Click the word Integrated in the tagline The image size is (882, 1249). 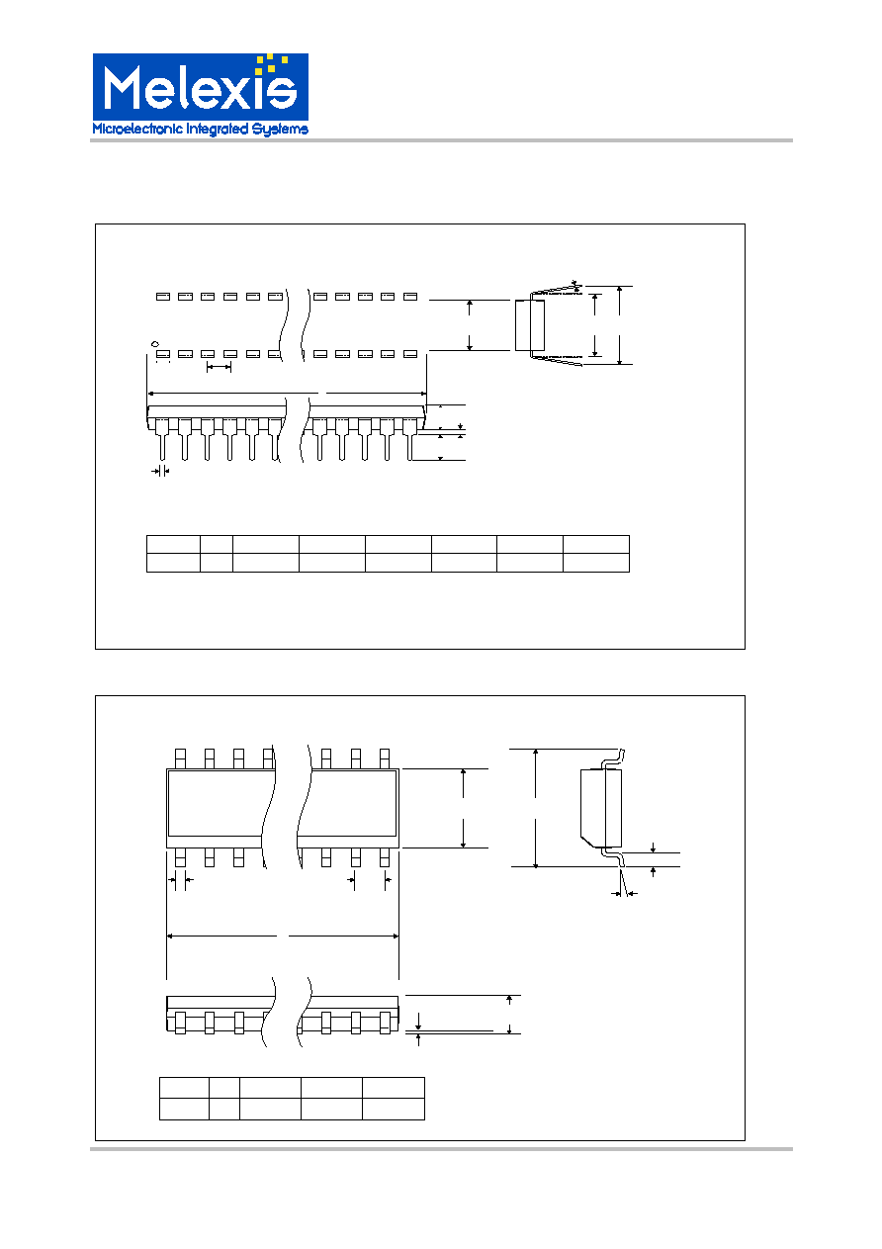[217, 130]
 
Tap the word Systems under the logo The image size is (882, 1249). [280, 130]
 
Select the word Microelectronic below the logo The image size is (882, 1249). [137, 129]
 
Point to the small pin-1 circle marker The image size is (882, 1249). [155, 344]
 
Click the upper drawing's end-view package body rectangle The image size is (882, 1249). [530, 325]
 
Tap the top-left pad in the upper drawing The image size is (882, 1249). [163, 297]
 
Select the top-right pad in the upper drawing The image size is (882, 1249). [410, 297]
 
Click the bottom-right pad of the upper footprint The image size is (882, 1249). [410, 354]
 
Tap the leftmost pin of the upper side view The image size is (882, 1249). [162, 439]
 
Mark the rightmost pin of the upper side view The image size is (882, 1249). [409, 439]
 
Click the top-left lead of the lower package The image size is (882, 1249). [180, 758]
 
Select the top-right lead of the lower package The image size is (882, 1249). [384, 758]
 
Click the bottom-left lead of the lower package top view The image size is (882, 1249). [180, 858]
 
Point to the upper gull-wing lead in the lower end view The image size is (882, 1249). [612, 759]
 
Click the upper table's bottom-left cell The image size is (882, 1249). [173, 563]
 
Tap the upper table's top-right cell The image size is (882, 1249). [596, 544]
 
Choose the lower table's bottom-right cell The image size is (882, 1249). [394, 1109]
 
